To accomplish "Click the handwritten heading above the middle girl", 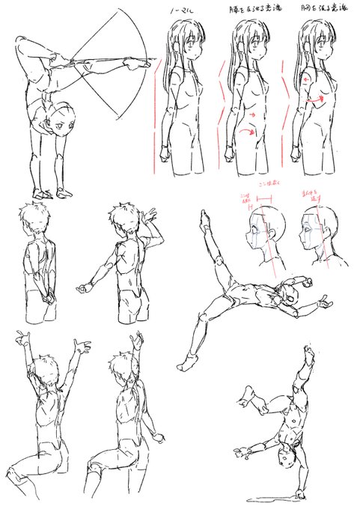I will (248, 9).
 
